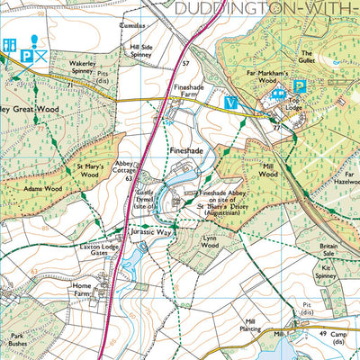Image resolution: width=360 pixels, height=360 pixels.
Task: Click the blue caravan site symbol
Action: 279,89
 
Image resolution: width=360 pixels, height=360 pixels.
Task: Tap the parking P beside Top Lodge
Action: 301,87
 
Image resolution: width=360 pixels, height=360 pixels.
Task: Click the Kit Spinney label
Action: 331,271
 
